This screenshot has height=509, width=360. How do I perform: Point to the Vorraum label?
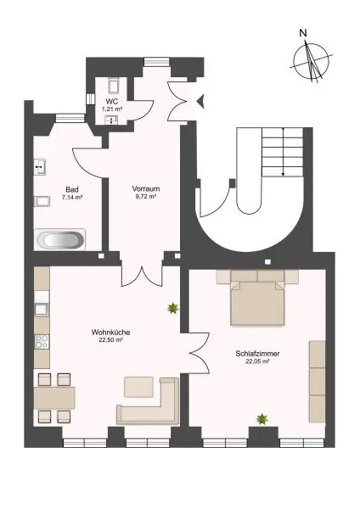point(146,187)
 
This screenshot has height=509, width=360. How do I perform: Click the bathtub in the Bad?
point(59,240)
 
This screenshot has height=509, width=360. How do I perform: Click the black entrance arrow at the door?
point(201,102)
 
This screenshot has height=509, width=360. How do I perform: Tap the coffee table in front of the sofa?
point(138,387)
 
